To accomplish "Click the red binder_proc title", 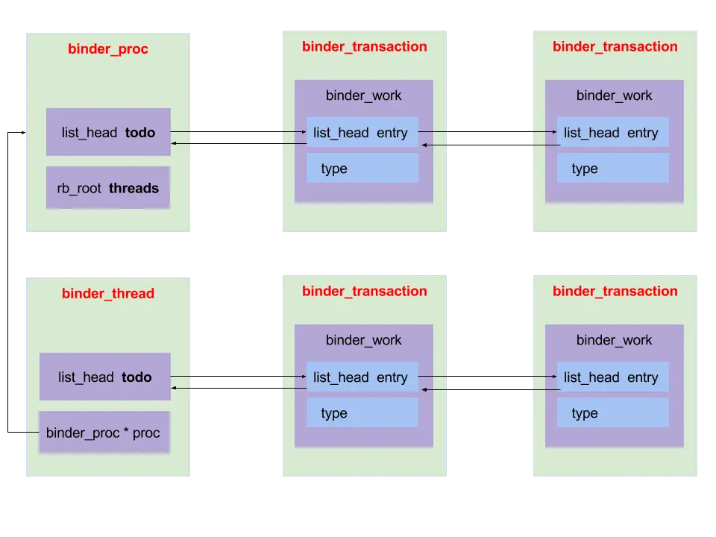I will tap(108, 49).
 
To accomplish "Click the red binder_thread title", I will tap(108, 293).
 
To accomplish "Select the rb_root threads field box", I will tap(108, 188).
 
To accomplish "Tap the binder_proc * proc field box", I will tap(104, 433).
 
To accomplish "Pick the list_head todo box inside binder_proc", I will tap(108, 133).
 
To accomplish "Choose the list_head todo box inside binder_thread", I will tap(105, 377).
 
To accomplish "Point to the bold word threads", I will tap(134, 188).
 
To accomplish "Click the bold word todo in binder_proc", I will tap(140, 133).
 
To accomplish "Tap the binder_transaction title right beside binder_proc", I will tap(364, 46).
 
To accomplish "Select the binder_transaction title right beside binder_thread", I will tap(364, 291).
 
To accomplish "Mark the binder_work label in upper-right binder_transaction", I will tap(614, 95).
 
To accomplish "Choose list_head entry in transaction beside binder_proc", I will tap(362, 133).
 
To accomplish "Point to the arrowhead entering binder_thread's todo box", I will tap(174, 388).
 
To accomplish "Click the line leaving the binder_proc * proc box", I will tap(31, 432).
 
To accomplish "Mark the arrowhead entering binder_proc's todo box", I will tap(174, 143).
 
